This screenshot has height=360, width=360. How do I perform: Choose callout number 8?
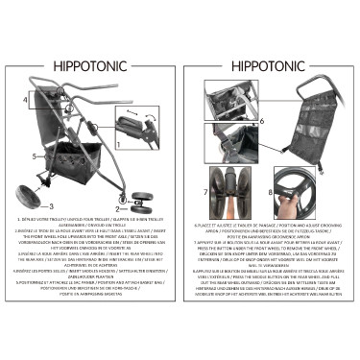(x=270, y=192)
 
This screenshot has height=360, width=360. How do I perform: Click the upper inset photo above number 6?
(x=231, y=100)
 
